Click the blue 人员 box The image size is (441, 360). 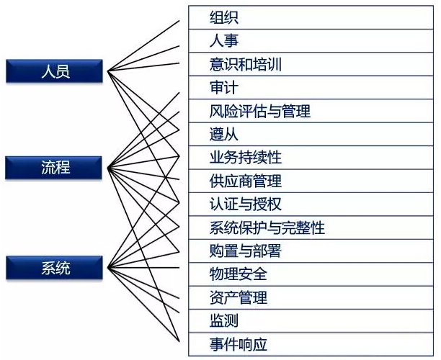click(x=55, y=71)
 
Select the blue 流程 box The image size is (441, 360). click(x=54, y=168)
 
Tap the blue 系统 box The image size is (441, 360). click(x=55, y=268)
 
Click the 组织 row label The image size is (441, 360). click(x=224, y=17)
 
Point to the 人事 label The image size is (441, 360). click(x=224, y=41)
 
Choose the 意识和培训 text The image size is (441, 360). click(x=246, y=64)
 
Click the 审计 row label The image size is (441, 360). click(x=224, y=87)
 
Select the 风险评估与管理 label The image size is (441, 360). click(x=260, y=111)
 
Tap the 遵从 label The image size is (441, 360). click(x=224, y=134)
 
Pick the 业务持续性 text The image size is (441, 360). click(x=246, y=158)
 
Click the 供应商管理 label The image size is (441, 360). click(x=246, y=181)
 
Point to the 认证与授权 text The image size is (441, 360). click(x=246, y=204)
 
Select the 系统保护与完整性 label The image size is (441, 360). click(x=267, y=228)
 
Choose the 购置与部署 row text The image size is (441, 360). click(x=246, y=251)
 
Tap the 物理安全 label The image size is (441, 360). click(x=239, y=274)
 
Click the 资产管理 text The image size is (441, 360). click(x=239, y=297)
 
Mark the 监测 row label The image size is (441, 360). click(x=224, y=320)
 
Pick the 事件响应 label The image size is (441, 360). click(x=239, y=344)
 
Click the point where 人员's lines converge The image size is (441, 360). click(x=107, y=71)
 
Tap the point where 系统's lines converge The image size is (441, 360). click(x=107, y=268)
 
